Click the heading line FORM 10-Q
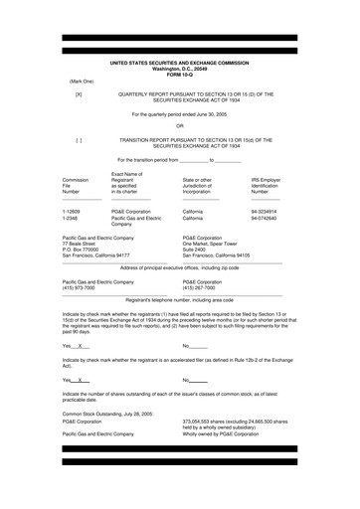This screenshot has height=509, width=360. tap(180, 74)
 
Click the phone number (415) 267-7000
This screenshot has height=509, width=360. tap(202, 288)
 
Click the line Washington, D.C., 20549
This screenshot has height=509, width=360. tap(180, 68)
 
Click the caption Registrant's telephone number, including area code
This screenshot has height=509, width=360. tap(180, 299)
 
